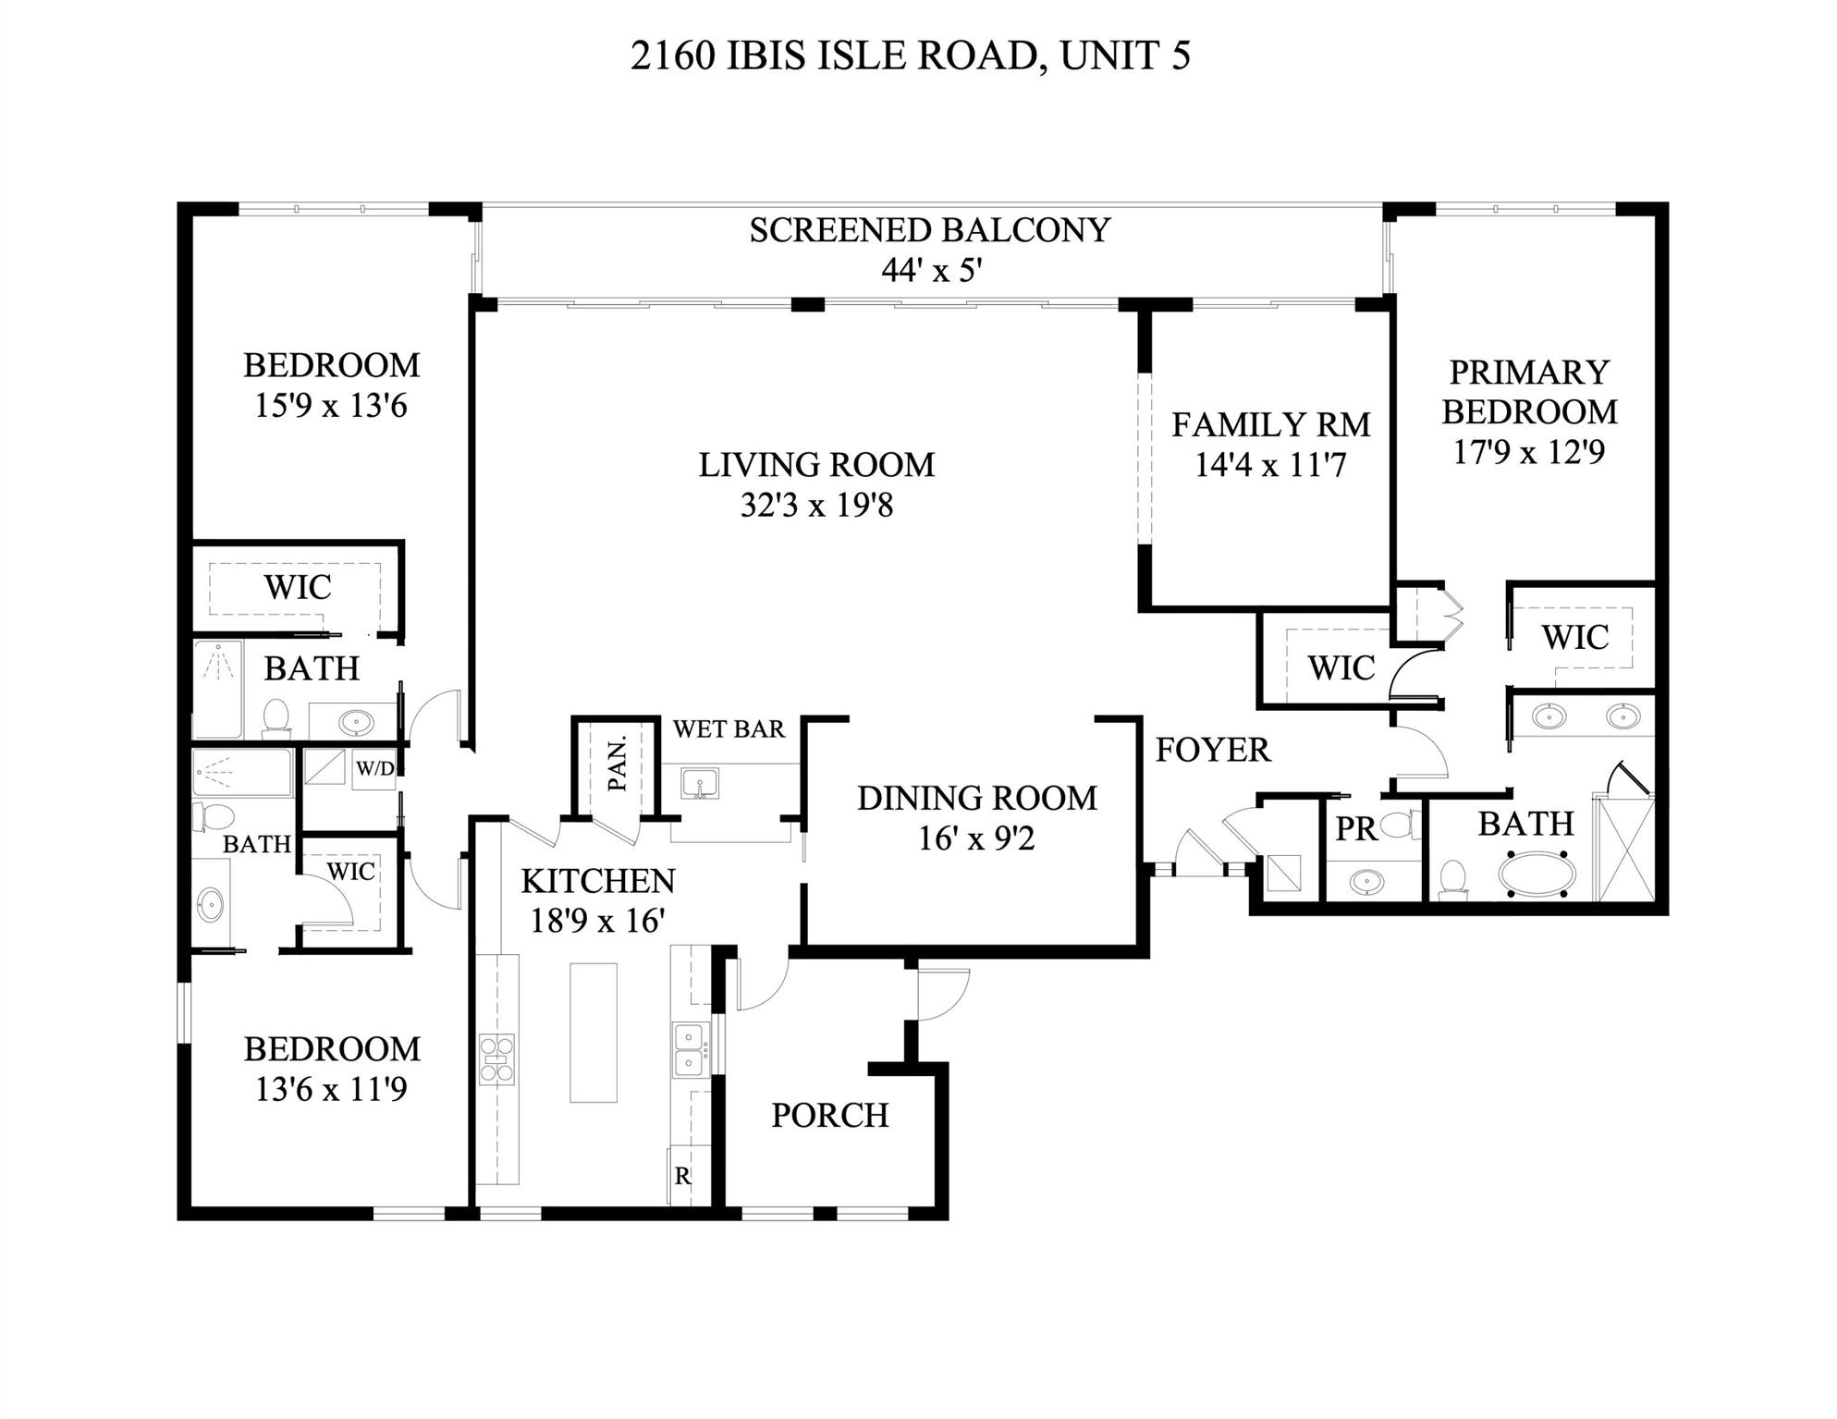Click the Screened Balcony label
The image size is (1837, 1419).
pyautogui.click(x=929, y=230)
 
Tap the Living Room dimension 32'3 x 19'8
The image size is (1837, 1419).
pyautogui.click(x=816, y=506)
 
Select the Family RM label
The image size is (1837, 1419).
pyautogui.click(x=1270, y=424)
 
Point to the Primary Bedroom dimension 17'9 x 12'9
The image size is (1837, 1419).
pyautogui.click(x=1529, y=452)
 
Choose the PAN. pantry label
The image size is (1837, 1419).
pyautogui.click(x=617, y=764)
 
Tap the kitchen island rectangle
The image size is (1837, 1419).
pyautogui.click(x=593, y=1033)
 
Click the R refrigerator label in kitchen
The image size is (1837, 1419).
pyautogui.click(x=682, y=1176)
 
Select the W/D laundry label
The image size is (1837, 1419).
pyautogui.click(x=374, y=768)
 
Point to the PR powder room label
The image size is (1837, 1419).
pyautogui.click(x=1355, y=829)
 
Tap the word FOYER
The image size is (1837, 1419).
pyautogui.click(x=1212, y=750)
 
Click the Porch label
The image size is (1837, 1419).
pyautogui.click(x=829, y=1116)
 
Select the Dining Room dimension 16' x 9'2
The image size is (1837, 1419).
pyautogui.click(x=976, y=838)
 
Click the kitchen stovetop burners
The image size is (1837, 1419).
pyautogui.click(x=496, y=1058)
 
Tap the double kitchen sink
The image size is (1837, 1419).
pyautogui.click(x=690, y=1049)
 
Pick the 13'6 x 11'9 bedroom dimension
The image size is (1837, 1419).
pyautogui.click(x=331, y=1090)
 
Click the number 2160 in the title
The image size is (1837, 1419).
pyautogui.click(x=672, y=56)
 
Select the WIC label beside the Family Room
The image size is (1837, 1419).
pyautogui.click(x=1341, y=667)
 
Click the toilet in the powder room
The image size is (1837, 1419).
pyautogui.click(x=1402, y=823)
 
